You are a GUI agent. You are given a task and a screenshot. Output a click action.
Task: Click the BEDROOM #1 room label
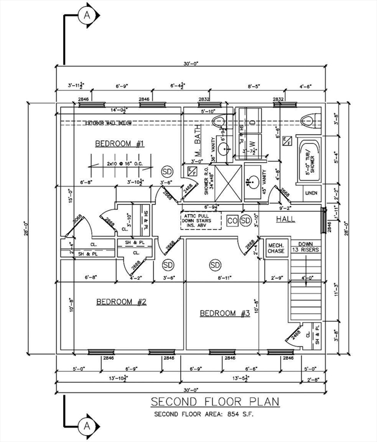(x=119, y=143)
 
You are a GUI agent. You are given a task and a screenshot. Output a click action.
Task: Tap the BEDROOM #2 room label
(x=121, y=302)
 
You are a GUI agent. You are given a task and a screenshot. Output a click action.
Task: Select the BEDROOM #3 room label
(x=224, y=314)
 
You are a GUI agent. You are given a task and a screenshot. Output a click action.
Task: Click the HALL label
(x=286, y=219)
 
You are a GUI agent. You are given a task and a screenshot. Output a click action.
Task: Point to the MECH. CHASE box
(x=276, y=248)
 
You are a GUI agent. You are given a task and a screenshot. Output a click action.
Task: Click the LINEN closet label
(x=310, y=193)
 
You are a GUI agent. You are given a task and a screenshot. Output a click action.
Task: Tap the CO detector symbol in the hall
(x=232, y=221)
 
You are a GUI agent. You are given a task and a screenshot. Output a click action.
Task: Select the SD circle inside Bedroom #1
(x=167, y=172)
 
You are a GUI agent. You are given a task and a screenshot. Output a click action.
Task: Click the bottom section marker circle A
(x=87, y=426)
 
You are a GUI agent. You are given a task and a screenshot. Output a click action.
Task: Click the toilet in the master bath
(x=218, y=123)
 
